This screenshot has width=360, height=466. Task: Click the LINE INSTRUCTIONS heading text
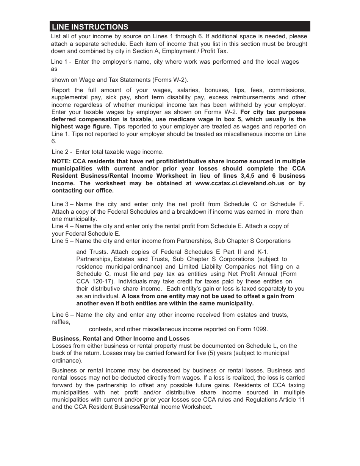[x=90, y=27]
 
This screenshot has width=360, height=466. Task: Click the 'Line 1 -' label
[x=61, y=62]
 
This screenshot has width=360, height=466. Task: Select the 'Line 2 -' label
[x=62, y=152]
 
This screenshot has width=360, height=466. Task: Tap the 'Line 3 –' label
[x=62, y=204]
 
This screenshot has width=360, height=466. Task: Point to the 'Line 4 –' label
[x=62, y=226]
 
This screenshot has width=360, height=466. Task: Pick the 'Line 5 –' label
[x=62, y=241]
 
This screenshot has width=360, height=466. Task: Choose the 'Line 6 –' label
[x=62, y=315]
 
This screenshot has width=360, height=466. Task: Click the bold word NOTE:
[x=61, y=161]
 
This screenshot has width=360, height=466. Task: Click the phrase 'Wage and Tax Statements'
[x=100, y=80]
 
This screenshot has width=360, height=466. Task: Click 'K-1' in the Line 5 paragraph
[x=263, y=252]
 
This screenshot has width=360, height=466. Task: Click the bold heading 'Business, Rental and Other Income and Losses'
[x=121, y=338]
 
